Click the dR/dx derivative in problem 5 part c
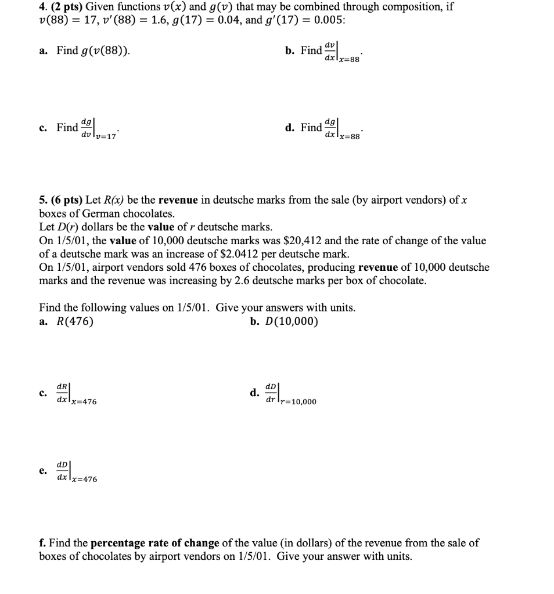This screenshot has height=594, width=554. tap(62, 392)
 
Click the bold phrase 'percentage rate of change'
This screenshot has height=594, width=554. tap(155, 543)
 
